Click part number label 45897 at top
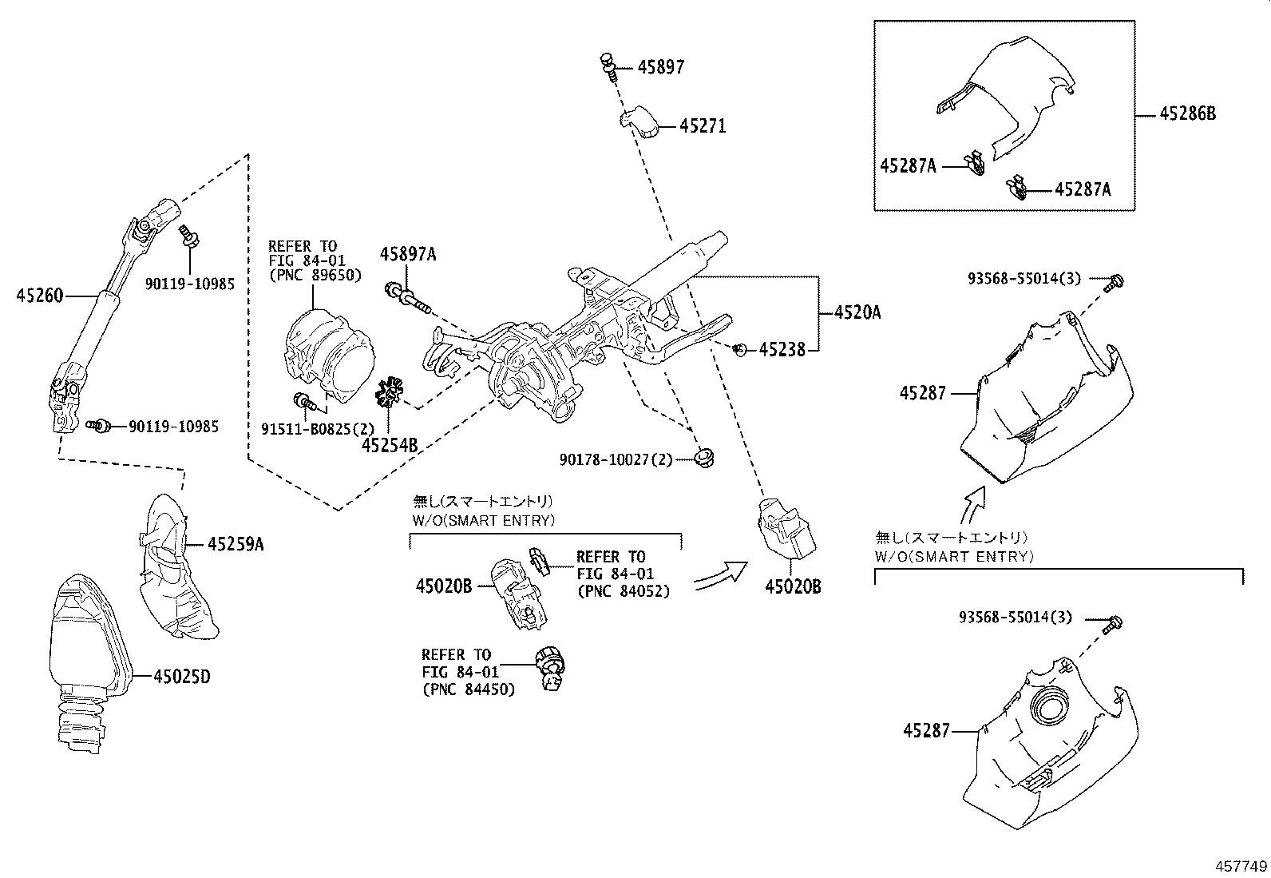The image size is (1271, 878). tap(660, 67)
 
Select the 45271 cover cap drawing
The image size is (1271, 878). tap(639, 122)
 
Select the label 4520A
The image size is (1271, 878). tap(857, 313)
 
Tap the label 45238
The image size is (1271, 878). tap(782, 349)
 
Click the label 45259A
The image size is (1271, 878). tap(236, 545)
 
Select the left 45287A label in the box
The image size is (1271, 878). tap(908, 166)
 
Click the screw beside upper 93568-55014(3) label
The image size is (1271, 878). tap(1115, 282)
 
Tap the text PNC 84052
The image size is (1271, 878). tap(623, 591)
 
